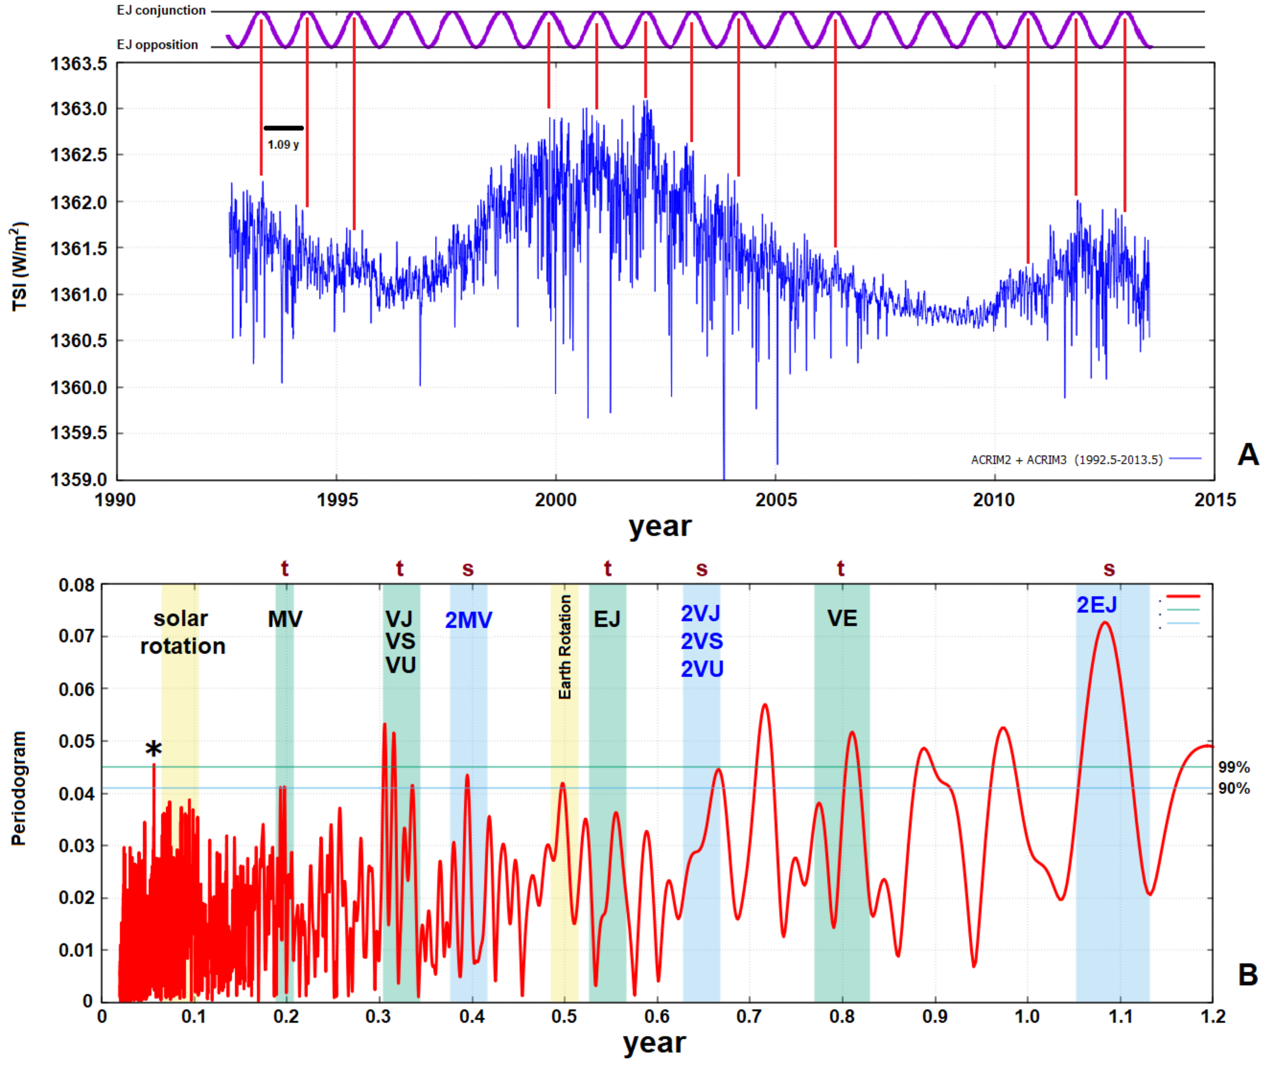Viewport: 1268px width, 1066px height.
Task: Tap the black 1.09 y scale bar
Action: tap(284, 128)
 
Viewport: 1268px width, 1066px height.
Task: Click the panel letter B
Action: tap(1247, 975)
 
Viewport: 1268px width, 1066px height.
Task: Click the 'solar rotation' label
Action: tap(182, 632)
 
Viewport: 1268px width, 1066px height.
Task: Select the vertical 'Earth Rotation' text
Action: tap(565, 647)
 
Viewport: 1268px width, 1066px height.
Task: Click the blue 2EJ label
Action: tap(1097, 605)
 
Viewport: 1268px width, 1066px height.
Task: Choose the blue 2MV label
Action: tap(468, 620)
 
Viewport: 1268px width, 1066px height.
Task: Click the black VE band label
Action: tap(842, 618)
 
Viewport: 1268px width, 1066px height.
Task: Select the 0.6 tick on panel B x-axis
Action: tap(657, 1016)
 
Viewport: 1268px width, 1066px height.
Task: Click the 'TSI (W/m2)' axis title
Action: tap(19, 266)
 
